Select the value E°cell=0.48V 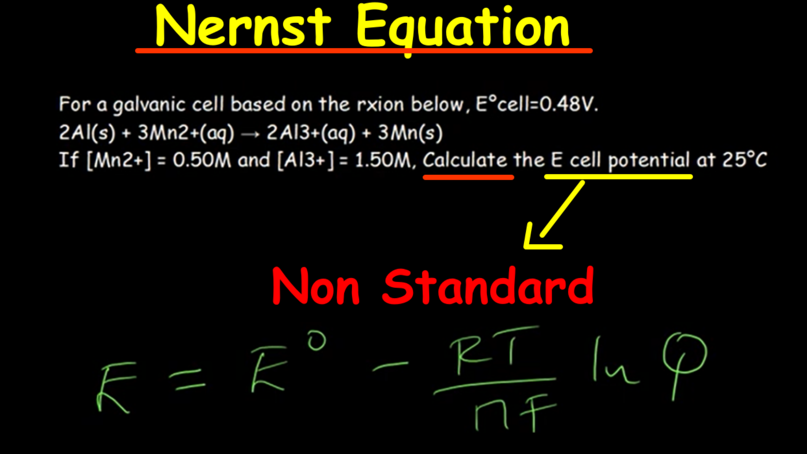537,104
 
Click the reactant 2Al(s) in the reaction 87,133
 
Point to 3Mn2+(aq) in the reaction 186,133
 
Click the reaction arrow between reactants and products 251,135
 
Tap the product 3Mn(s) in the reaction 410,133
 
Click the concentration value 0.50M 202,160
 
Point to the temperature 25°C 745,160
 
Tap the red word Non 316,286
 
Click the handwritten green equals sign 187,379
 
